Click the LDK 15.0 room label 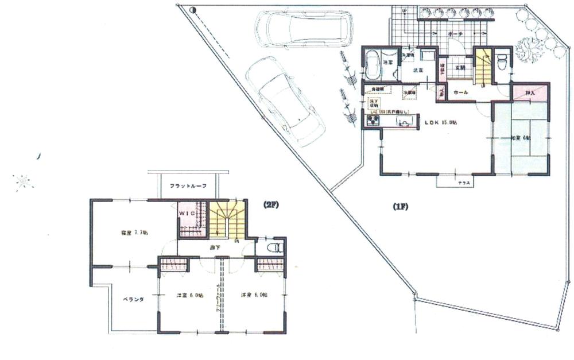tap(440, 122)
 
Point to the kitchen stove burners tap(373, 121)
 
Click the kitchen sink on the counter tap(404, 121)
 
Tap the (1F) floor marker tap(400, 204)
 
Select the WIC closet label tap(188, 214)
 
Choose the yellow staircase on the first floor tap(483, 66)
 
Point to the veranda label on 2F tap(132, 300)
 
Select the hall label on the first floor tap(460, 92)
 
